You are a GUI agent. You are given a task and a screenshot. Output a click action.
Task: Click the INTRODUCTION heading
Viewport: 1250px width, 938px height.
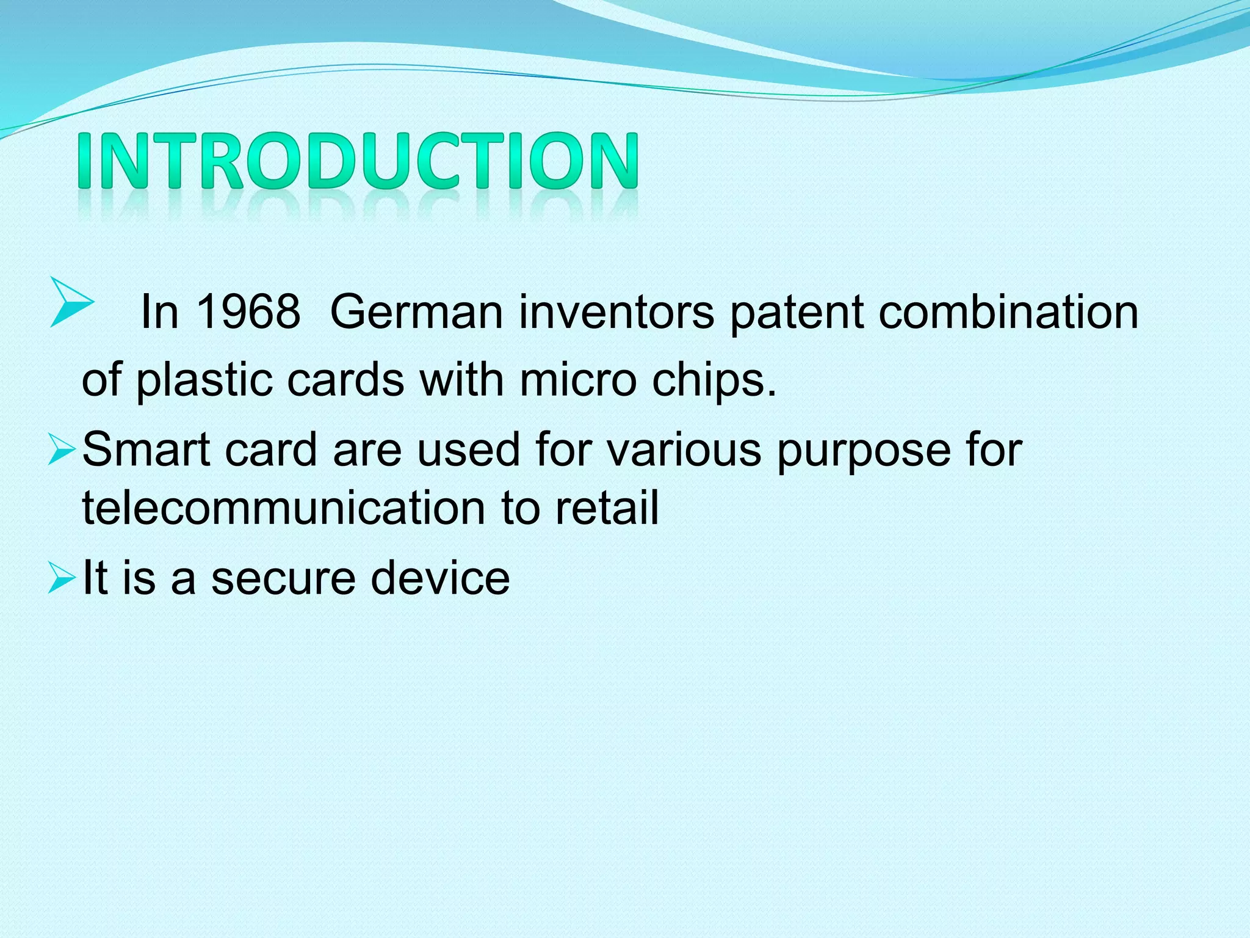(359, 161)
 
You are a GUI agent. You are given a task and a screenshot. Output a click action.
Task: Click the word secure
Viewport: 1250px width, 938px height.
(283, 578)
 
